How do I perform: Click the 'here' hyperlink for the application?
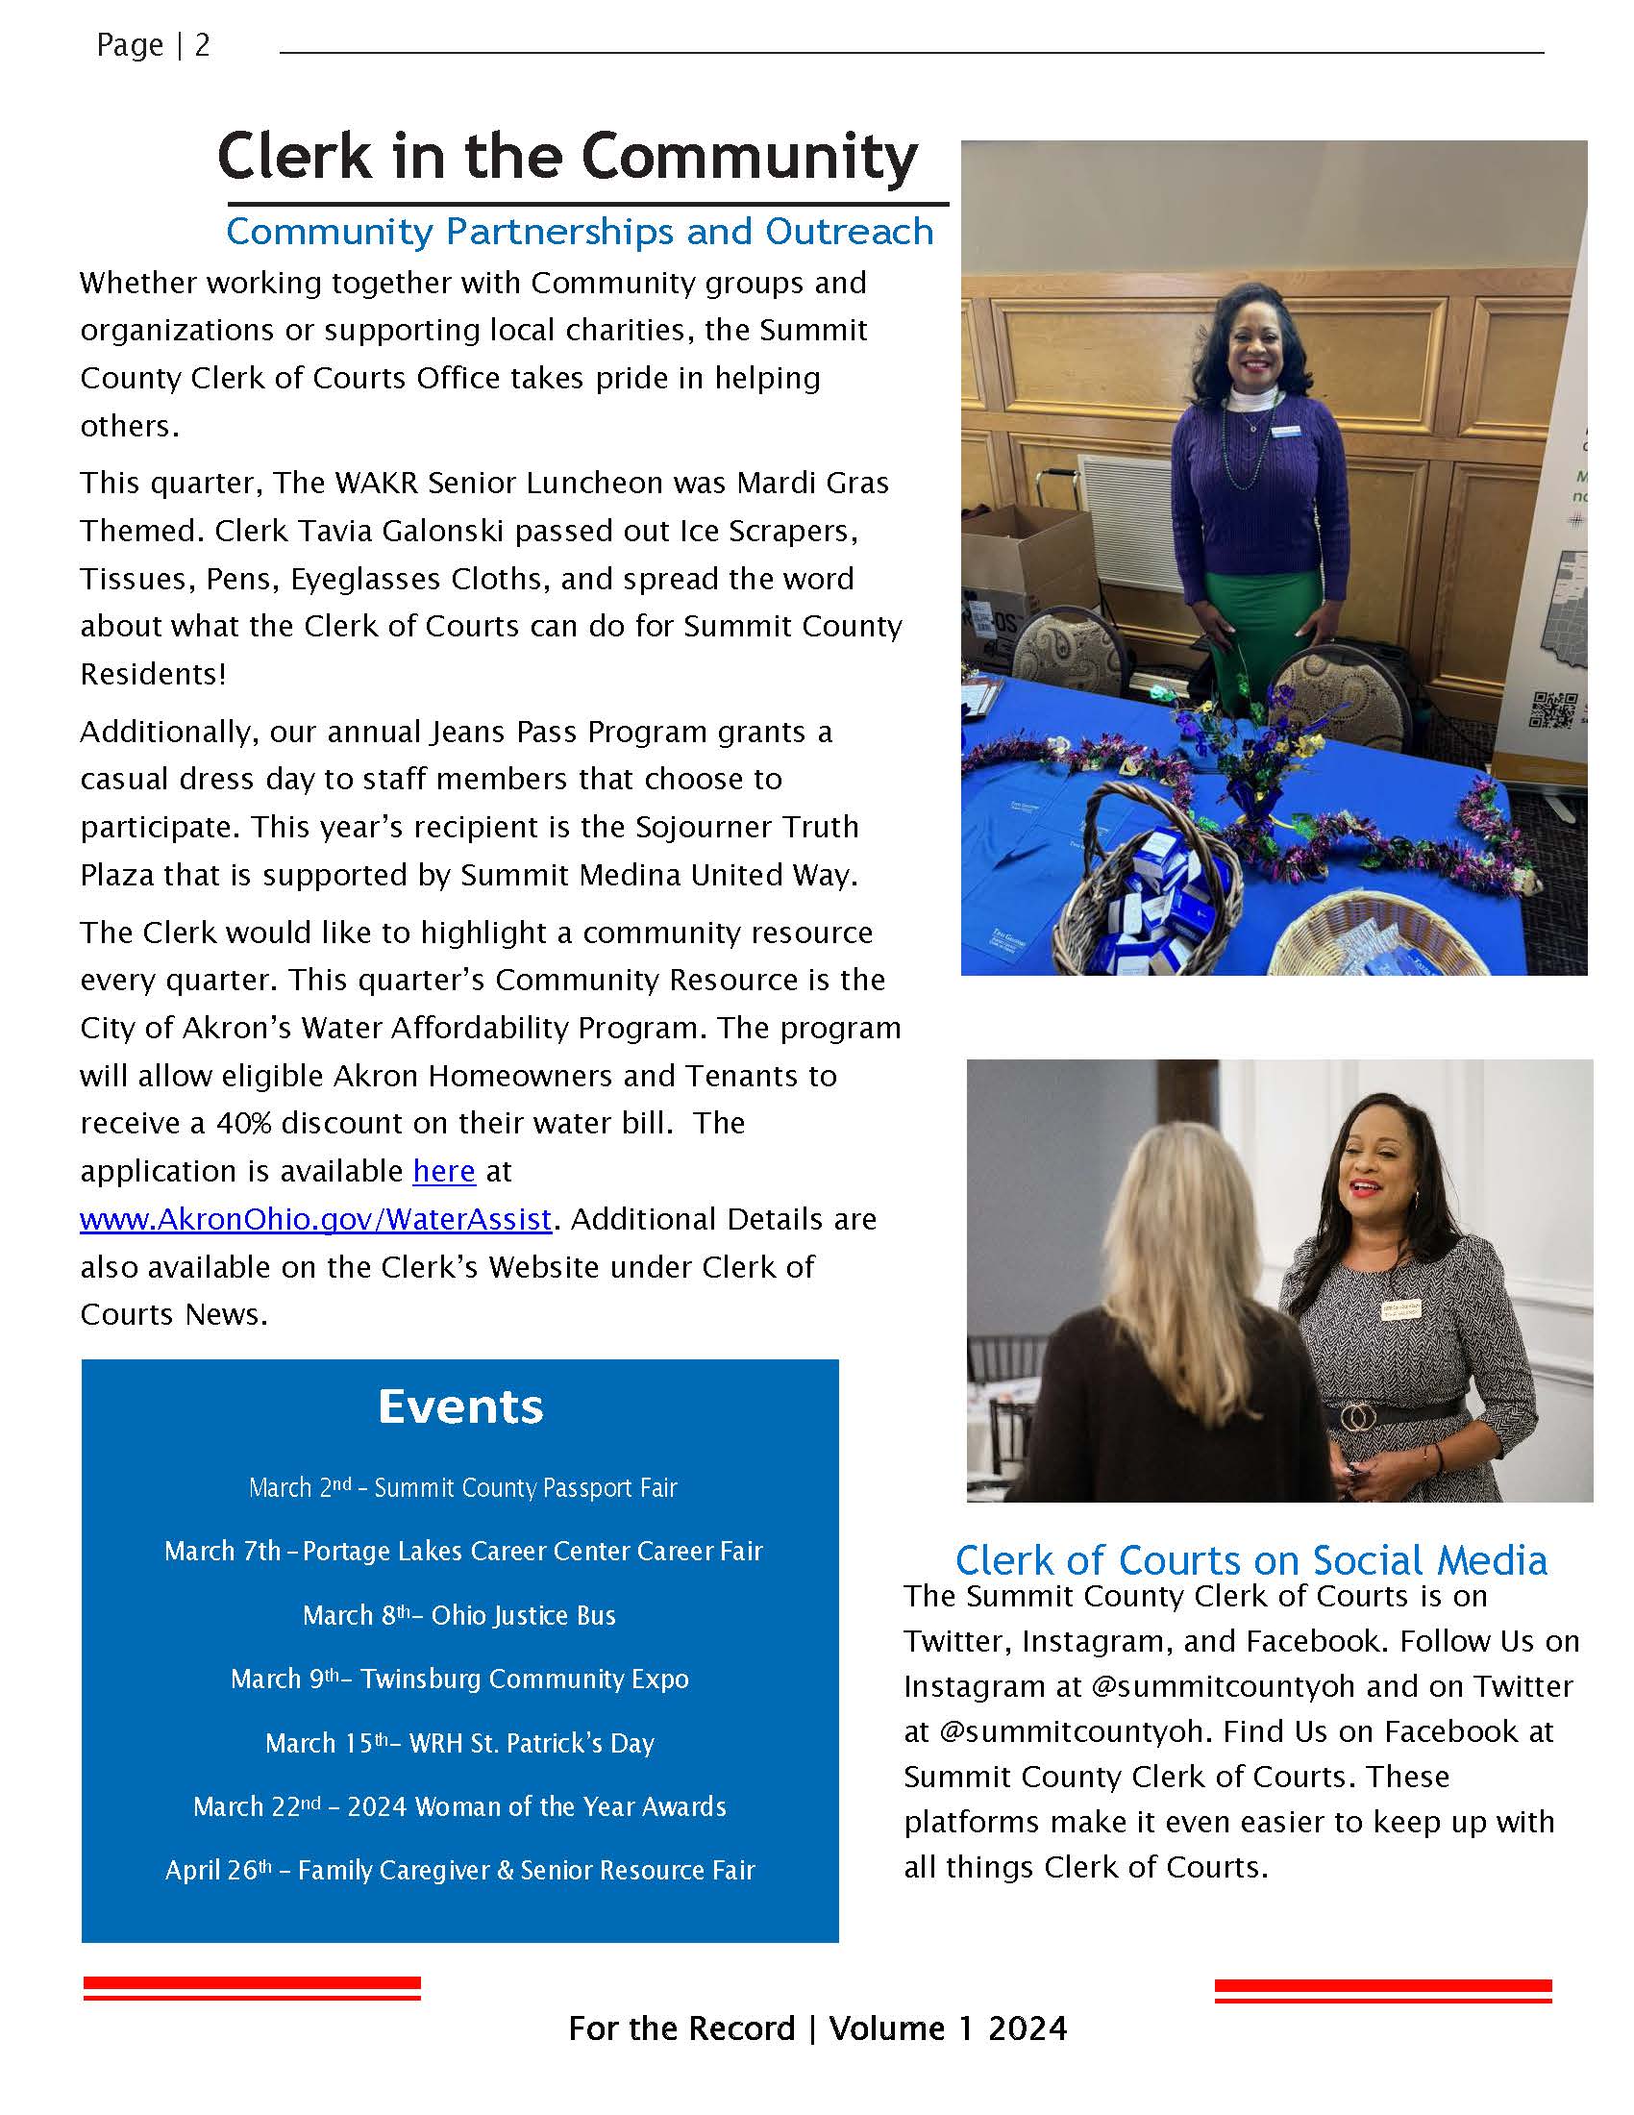point(443,1171)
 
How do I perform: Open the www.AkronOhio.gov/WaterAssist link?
point(315,1218)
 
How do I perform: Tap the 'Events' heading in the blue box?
point(459,1406)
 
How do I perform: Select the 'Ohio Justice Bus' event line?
point(458,1615)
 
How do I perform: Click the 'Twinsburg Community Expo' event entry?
point(458,1679)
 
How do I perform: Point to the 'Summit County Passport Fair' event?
point(462,1487)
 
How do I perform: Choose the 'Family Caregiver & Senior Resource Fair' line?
point(459,1870)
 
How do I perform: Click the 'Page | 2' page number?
point(153,45)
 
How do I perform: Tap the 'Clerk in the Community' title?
point(567,157)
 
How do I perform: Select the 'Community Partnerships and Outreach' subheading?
point(579,232)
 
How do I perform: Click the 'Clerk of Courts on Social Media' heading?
point(1250,1560)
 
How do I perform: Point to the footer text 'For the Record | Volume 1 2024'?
point(817,2028)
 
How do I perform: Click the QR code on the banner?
point(1550,709)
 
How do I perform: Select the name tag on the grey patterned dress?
point(1399,1308)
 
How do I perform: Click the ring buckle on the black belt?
point(1359,1418)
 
